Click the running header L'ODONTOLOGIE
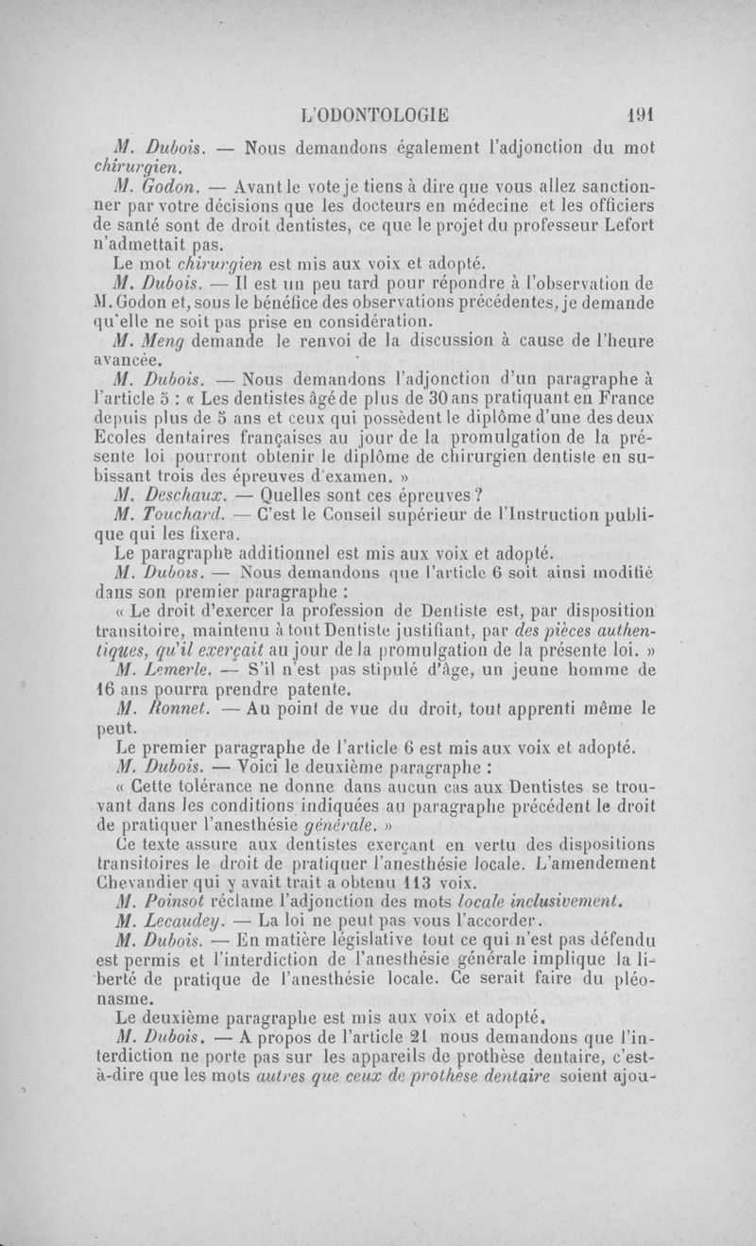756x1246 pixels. [372, 115]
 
